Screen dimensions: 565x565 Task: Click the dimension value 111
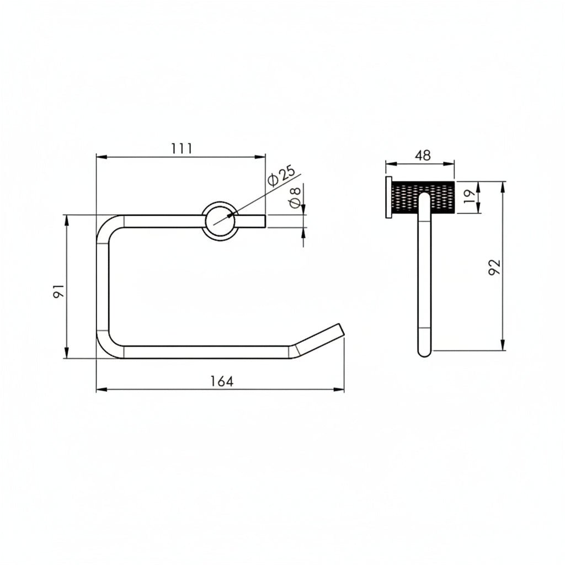(182, 148)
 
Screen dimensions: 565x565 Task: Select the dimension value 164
(222, 381)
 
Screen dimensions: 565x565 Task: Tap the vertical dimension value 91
(58, 290)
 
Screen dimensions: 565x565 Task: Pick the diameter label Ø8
(295, 198)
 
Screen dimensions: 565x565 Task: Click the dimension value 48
(423, 155)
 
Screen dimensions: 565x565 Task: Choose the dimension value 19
(470, 197)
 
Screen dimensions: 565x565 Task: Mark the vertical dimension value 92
(494, 268)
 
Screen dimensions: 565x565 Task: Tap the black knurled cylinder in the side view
(423, 198)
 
